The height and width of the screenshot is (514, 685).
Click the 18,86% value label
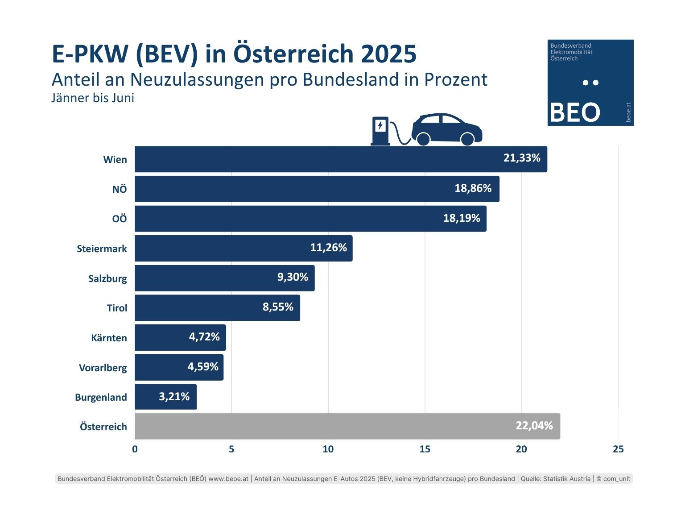(x=473, y=188)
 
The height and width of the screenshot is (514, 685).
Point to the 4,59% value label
(x=203, y=367)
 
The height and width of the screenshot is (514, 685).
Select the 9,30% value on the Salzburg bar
(x=293, y=277)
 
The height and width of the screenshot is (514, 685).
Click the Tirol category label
(x=117, y=308)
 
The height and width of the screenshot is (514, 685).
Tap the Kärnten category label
(x=109, y=338)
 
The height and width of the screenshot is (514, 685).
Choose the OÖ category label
(x=120, y=219)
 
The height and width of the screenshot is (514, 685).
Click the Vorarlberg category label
(x=103, y=368)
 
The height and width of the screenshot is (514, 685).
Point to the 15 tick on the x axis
(x=425, y=449)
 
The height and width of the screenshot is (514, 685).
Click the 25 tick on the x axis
(x=618, y=449)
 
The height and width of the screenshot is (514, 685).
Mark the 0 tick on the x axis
(x=135, y=449)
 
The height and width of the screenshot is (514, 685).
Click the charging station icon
(x=380, y=131)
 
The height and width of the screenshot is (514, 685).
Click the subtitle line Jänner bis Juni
(x=93, y=98)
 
